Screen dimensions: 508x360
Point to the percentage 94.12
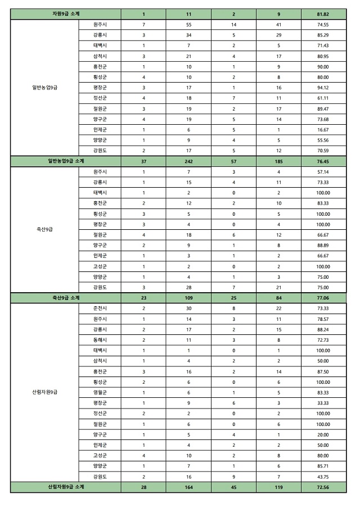[323, 87]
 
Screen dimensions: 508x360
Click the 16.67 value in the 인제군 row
[323, 129]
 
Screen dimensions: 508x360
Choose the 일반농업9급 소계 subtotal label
[65, 161]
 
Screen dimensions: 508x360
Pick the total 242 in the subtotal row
[188, 161]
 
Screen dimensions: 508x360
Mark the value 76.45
[323, 161]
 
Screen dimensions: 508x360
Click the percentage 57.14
[323, 171]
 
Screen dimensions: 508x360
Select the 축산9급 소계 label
[65, 298]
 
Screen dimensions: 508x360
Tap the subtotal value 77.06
[323, 298]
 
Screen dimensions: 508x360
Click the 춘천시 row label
[100, 308]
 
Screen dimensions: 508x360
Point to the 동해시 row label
[100, 339]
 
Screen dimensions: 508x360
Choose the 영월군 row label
[100, 392]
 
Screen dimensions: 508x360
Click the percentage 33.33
[323, 403]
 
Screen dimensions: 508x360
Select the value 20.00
[323, 434]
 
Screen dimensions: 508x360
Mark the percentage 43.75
[323, 477]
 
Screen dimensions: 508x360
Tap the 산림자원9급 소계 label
[65, 487]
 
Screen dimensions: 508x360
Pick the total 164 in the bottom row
[188, 487]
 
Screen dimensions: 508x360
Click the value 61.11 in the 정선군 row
[323, 97]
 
